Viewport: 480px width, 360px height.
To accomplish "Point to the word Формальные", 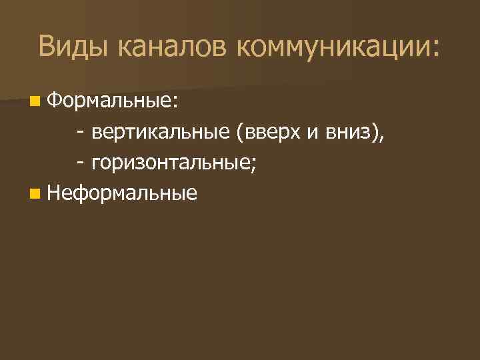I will (109, 101).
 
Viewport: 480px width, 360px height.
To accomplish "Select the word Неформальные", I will (123, 194).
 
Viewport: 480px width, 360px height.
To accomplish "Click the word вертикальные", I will (161, 133).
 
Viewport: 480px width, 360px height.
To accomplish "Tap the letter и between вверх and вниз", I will (313, 133).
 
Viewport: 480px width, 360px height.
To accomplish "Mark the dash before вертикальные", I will (80, 133).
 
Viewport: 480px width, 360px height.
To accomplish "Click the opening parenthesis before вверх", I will (238, 133).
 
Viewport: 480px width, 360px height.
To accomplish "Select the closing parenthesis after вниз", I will (376, 133).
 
